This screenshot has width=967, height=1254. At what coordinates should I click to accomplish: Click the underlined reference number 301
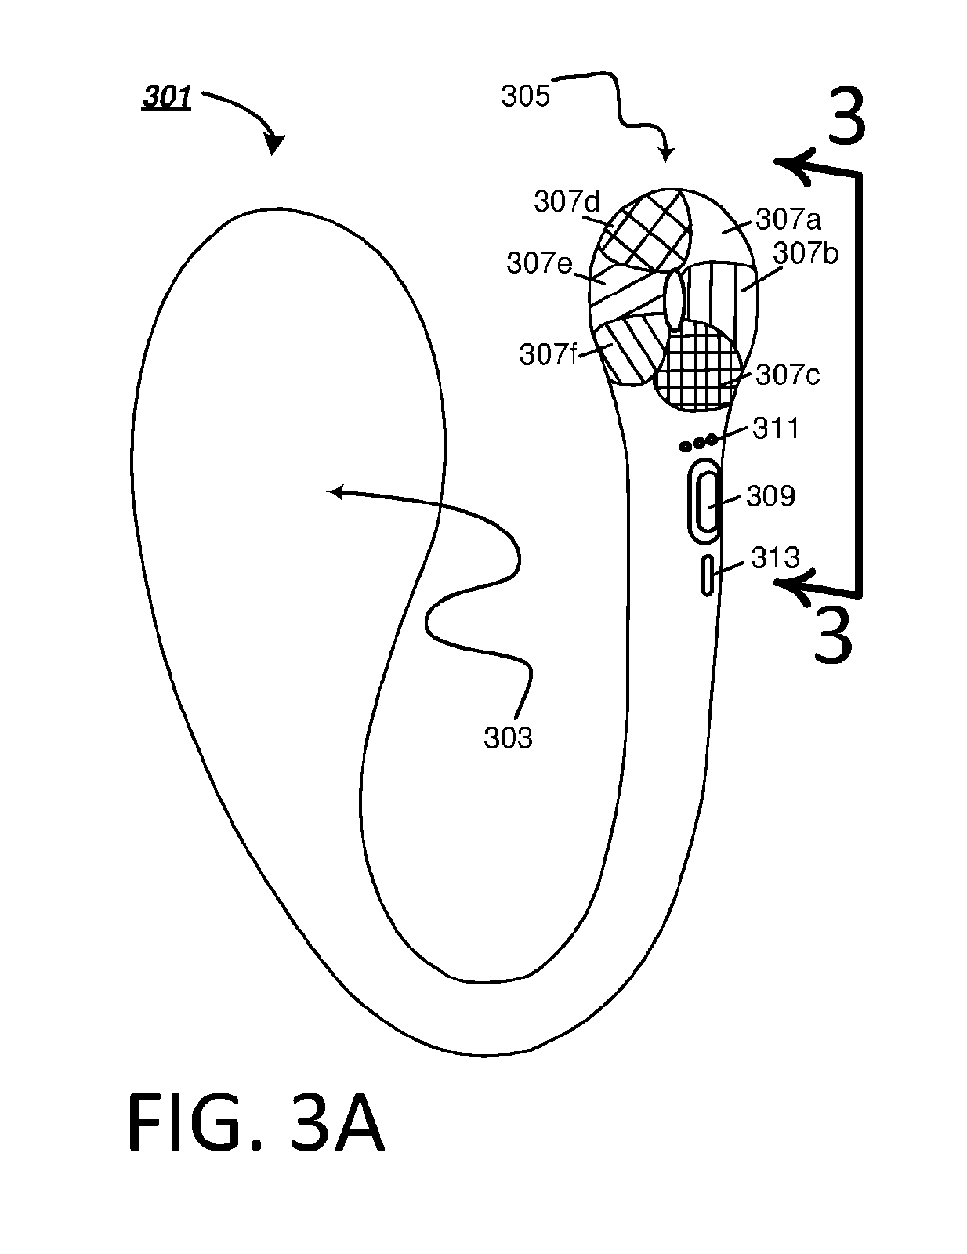tap(167, 97)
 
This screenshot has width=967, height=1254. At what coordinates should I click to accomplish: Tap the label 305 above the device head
tap(525, 96)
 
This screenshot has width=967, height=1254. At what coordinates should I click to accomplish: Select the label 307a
tap(788, 219)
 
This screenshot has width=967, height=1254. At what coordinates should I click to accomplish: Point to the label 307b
tap(806, 253)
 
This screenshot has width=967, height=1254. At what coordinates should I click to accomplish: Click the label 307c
tap(788, 375)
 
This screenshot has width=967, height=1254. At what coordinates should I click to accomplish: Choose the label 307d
tap(567, 202)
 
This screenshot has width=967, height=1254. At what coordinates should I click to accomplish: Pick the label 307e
tap(540, 263)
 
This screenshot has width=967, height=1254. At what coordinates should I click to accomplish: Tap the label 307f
tap(549, 354)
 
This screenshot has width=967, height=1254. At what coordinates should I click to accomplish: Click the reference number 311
tap(776, 429)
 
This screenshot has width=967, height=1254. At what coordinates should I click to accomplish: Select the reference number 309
tap(771, 495)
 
